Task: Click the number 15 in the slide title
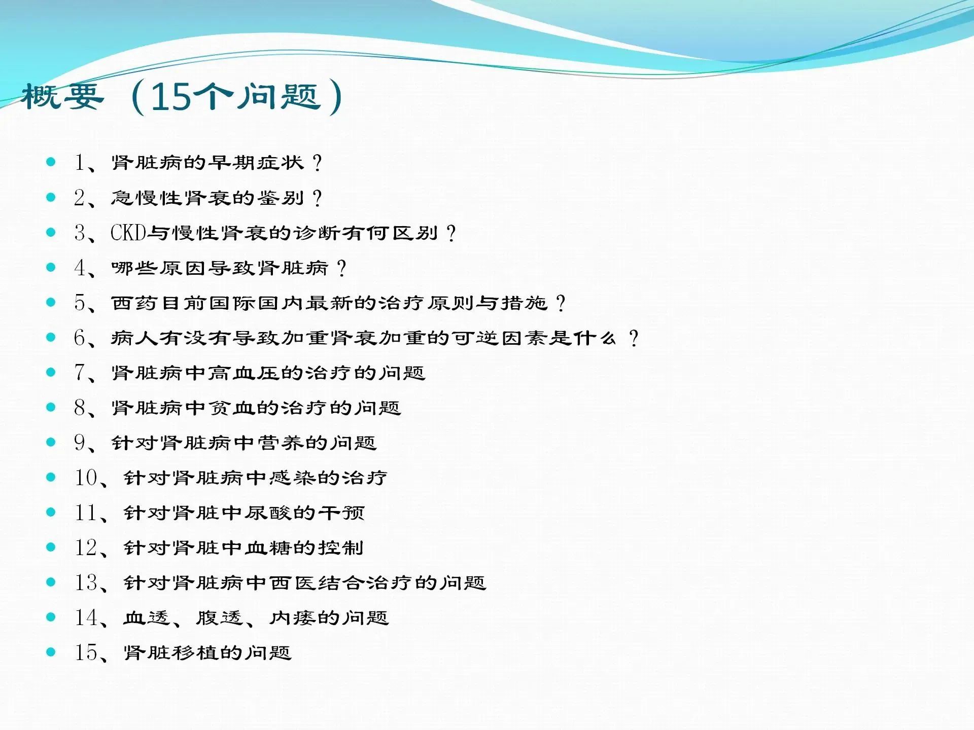[170, 96]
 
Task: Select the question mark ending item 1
[317, 163]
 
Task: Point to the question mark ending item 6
[633, 338]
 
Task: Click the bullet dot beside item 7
[51, 372]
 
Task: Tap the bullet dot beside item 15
[51, 652]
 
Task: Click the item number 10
[86, 478]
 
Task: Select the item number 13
[86, 582]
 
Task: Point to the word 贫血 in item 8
[231, 408]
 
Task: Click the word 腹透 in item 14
[219, 618]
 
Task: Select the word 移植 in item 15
[195, 653]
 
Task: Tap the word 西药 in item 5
[134, 303]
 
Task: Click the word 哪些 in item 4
[134, 268]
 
